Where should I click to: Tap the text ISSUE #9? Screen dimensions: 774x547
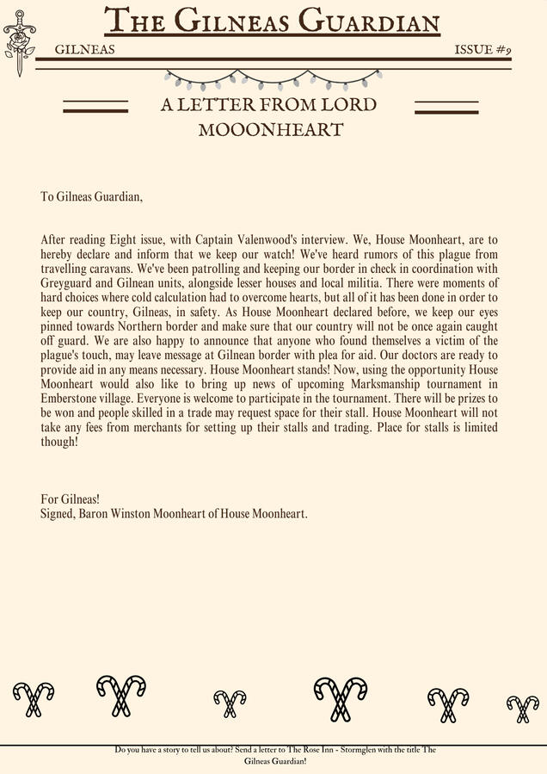click(x=482, y=50)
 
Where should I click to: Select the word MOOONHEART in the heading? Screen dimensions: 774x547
click(x=271, y=130)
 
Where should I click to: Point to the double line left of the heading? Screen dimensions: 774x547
click(x=95, y=107)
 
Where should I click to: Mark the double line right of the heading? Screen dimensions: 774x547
click(x=446, y=107)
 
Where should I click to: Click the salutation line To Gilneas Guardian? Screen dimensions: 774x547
click(x=91, y=196)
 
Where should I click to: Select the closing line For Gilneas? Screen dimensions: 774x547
click(x=71, y=499)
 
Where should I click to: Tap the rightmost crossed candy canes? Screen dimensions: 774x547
click(x=522, y=708)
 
